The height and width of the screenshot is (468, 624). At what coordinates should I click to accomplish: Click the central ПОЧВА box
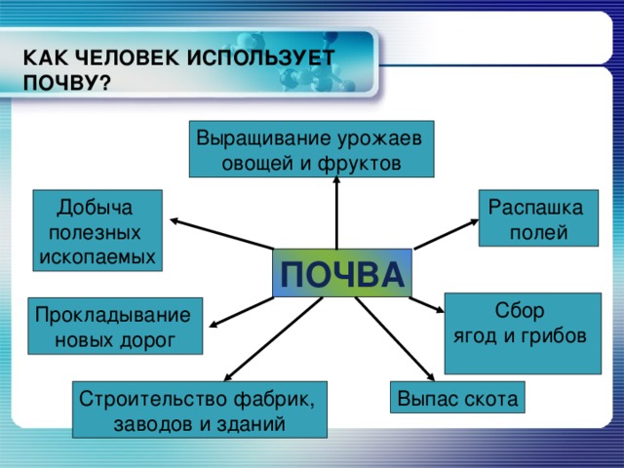click(x=342, y=273)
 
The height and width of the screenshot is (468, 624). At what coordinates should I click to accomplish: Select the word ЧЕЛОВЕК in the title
click(x=128, y=58)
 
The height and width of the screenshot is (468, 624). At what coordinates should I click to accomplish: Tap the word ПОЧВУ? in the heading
click(x=66, y=83)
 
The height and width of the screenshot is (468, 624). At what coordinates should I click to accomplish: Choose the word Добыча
click(x=96, y=208)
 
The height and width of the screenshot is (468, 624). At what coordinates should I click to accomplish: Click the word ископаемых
click(x=97, y=256)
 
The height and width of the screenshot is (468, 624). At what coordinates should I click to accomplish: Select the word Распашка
click(x=535, y=208)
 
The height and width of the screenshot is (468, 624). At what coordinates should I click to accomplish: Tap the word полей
click(x=538, y=233)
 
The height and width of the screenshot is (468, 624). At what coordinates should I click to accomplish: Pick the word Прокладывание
click(x=113, y=316)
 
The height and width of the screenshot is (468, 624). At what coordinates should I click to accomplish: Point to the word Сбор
click(x=520, y=310)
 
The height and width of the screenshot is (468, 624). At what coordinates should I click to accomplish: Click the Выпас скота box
click(x=457, y=397)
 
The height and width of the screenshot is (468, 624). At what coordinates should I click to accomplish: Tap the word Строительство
click(x=153, y=399)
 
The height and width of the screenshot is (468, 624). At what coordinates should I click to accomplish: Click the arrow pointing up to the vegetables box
click(x=336, y=213)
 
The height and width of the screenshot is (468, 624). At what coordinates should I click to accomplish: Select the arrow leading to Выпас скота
click(x=395, y=339)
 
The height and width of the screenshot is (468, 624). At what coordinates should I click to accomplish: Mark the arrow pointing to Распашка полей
click(x=447, y=234)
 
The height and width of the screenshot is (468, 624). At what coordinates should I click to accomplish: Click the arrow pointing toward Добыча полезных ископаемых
click(x=221, y=234)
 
